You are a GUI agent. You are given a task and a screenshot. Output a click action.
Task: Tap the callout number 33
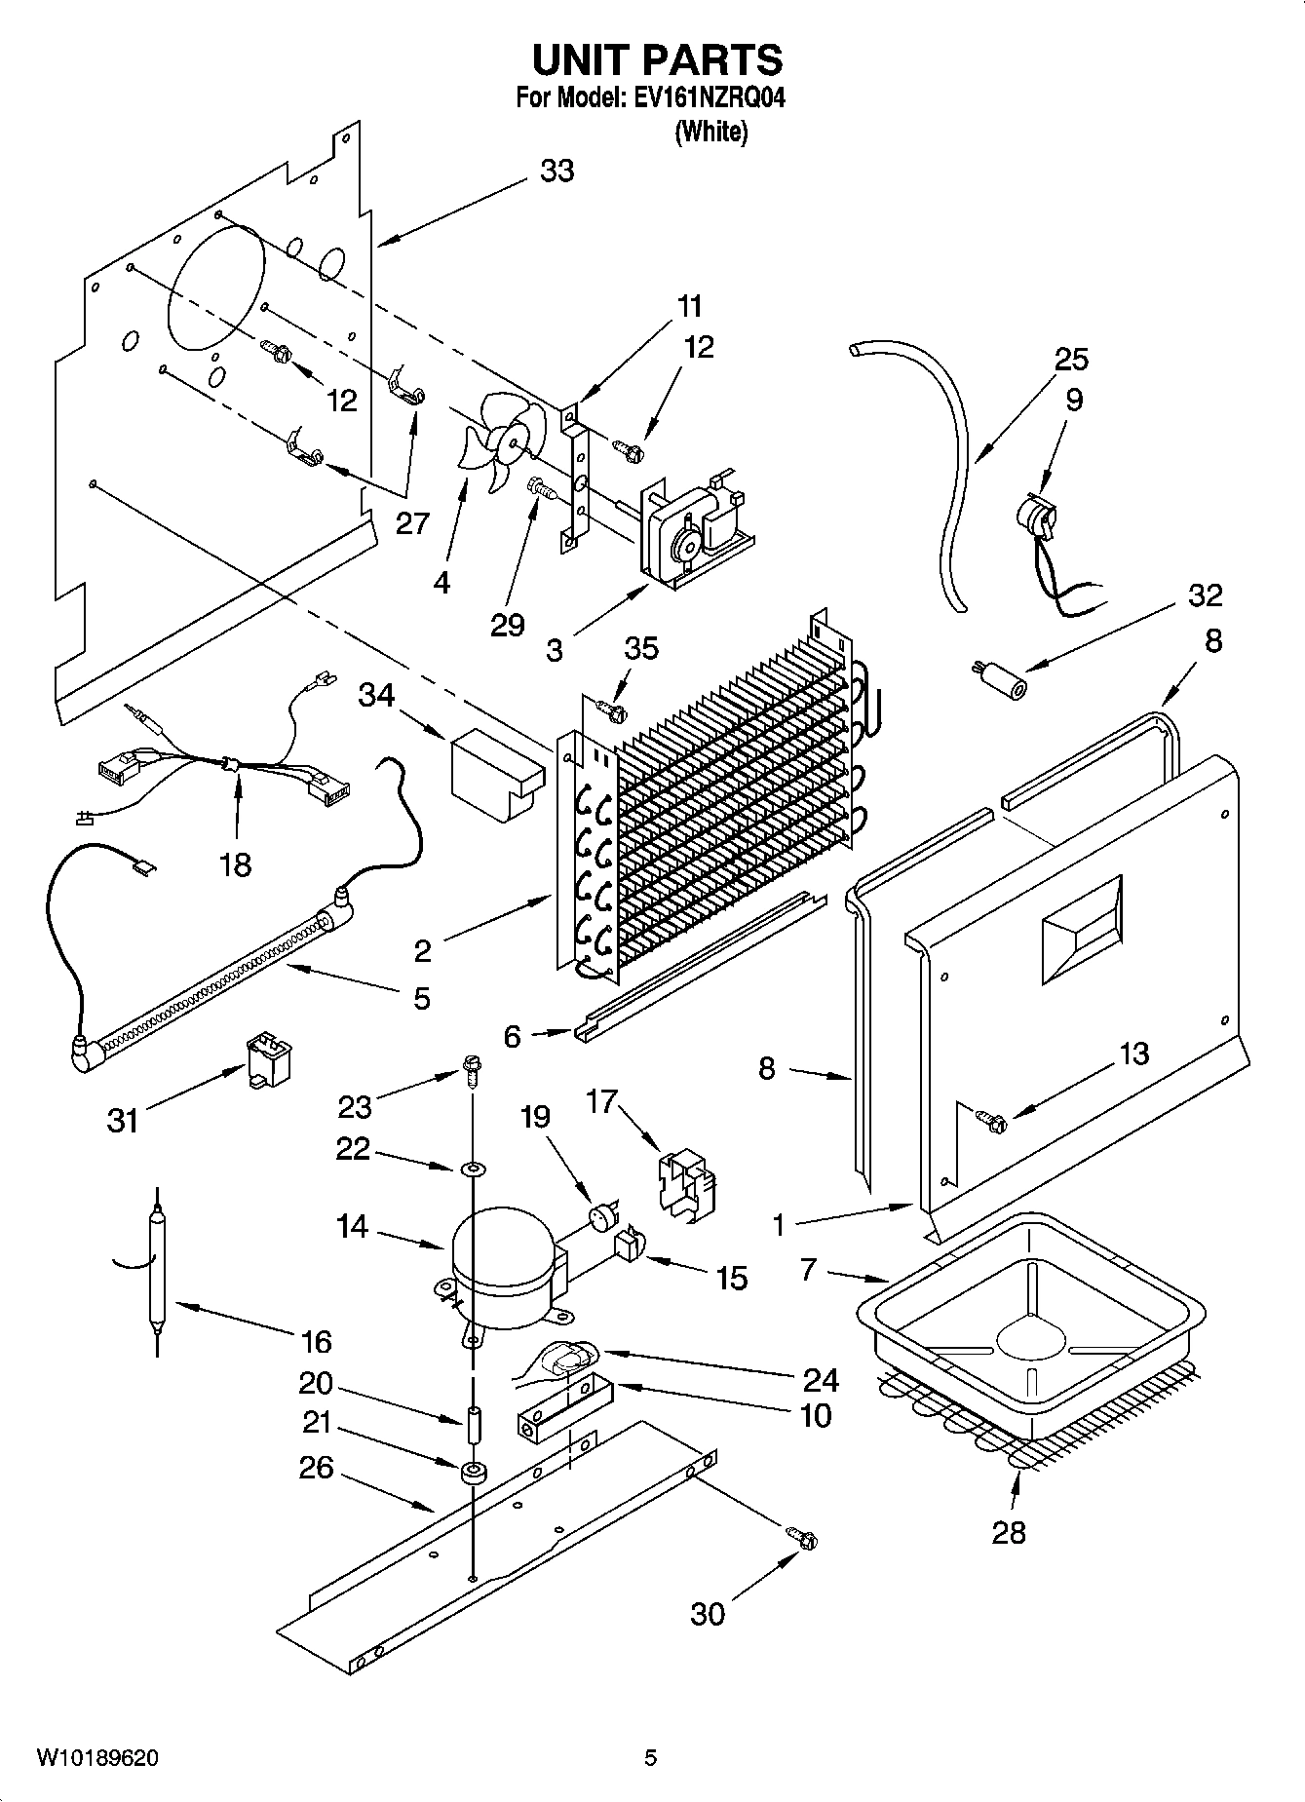[x=557, y=172]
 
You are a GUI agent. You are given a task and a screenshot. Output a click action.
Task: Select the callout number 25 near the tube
[x=1071, y=360]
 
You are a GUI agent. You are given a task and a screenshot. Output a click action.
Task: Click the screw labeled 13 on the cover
[x=993, y=1123]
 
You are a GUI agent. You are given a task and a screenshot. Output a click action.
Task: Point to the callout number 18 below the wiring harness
[x=236, y=863]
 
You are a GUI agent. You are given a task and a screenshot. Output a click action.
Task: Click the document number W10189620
[x=97, y=1758]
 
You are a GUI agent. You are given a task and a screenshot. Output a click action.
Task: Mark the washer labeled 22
[x=473, y=1168]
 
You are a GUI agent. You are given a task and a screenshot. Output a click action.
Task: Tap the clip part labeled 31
[x=267, y=1060]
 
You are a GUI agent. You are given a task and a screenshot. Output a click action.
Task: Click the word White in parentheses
[x=711, y=132]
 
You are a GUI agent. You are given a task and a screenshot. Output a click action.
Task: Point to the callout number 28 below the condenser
[x=1009, y=1532]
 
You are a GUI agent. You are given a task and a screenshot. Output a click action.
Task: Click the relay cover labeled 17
[x=695, y=1182]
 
